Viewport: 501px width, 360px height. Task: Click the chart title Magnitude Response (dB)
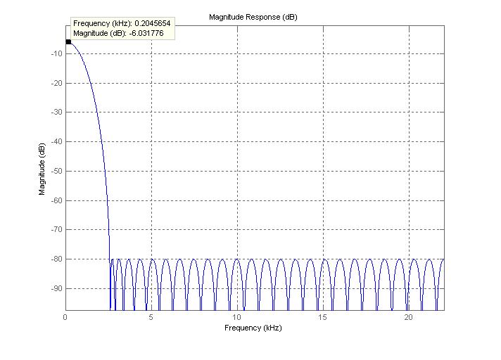[253, 17]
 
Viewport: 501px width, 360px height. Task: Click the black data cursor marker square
[68, 42]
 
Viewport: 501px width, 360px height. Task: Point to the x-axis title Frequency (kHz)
[253, 328]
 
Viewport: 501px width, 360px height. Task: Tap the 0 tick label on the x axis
[65, 317]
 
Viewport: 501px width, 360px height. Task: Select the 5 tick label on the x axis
[151, 317]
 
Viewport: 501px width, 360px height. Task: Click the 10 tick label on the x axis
[237, 317]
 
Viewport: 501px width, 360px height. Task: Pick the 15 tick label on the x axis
[323, 317]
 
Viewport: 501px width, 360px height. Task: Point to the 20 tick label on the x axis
[409, 317]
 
